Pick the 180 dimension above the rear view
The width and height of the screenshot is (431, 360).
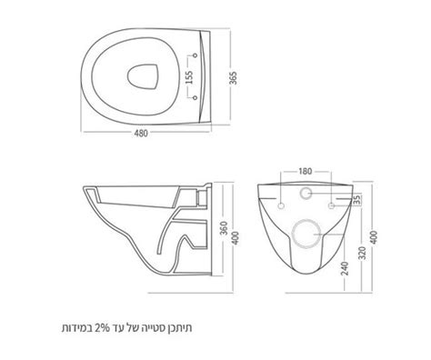[305, 170]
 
